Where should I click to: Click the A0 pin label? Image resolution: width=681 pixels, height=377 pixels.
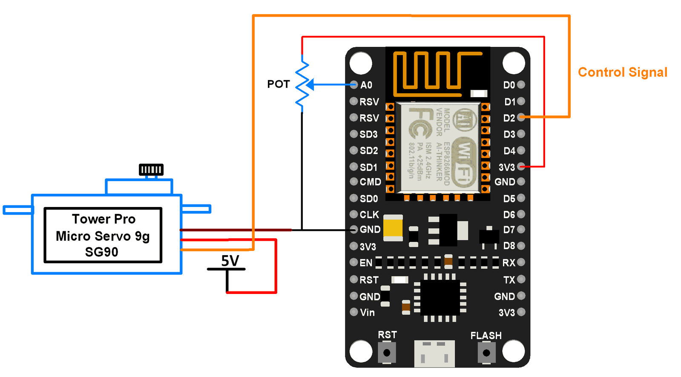366,85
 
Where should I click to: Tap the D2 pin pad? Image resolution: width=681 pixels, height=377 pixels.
521,118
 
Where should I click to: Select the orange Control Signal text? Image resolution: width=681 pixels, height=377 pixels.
622,72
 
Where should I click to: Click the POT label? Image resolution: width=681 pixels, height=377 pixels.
278,84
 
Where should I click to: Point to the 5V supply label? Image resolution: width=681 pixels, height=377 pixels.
230,261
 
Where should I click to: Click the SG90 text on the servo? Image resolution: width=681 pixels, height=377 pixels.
101,252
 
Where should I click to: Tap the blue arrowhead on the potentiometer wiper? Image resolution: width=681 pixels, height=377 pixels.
310,85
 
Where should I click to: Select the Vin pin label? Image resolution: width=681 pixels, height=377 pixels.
367,313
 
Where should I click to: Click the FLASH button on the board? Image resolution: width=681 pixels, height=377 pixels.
486,353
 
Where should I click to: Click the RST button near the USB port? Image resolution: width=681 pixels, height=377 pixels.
387,353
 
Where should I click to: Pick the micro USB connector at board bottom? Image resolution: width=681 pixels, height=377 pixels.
434,354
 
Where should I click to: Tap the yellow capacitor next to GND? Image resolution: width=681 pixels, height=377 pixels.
393,227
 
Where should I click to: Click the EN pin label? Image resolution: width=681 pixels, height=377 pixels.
366,263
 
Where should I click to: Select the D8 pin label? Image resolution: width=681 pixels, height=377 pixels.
509,246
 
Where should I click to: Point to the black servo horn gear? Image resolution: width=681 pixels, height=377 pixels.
151,170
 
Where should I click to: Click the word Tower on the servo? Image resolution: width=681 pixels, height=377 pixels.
91,219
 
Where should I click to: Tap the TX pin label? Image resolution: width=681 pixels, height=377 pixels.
509,280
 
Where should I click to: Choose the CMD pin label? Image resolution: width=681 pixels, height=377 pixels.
370,182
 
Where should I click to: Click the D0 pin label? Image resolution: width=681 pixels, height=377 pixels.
509,85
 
